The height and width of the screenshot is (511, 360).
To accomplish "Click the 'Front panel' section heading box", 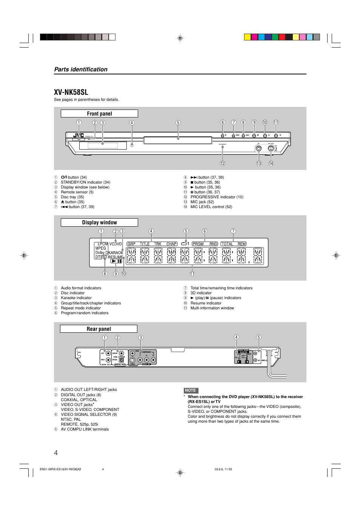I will point(99,114).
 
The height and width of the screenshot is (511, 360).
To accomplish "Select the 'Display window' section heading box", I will point(99,222).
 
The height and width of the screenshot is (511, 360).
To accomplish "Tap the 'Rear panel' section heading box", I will point(98,329).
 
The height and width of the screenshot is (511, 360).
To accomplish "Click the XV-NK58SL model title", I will point(71,92).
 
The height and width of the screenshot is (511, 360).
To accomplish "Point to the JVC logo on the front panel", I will point(78,136).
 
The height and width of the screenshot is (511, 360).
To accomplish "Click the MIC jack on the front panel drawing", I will point(258,148).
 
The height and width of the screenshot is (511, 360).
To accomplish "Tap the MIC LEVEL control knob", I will point(271,148).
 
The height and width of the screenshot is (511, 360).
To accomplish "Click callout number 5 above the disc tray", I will point(178,123).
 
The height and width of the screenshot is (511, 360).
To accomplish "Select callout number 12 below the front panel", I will point(223,164).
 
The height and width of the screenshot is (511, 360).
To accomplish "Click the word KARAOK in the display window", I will point(116,253).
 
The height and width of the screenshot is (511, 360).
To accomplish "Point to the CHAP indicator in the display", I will point(171,244).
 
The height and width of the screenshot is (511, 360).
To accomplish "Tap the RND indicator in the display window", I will point(213,244).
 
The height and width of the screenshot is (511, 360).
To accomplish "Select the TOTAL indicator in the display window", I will point(227,244).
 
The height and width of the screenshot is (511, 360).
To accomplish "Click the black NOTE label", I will point(191,391).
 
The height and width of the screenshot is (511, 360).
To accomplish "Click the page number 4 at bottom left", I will point(56,453).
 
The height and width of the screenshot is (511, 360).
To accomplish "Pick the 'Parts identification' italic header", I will point(81,69).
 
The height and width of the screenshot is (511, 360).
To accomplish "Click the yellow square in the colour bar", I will point(248,37).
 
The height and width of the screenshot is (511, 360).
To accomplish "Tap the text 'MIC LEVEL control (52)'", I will point(211,207).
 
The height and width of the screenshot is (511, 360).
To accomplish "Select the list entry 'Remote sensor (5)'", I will point(77,192).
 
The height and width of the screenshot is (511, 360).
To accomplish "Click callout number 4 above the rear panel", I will point(236,338).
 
